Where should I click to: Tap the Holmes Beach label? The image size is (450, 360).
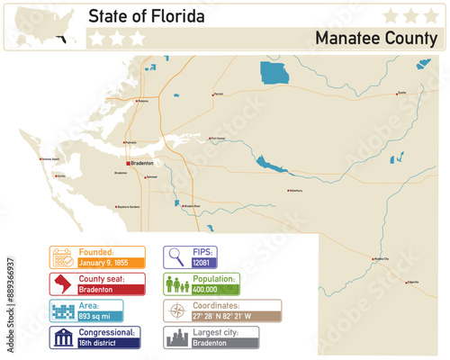click(50, 160)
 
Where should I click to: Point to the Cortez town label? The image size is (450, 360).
click(61, 176)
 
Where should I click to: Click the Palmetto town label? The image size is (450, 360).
click(130, 142)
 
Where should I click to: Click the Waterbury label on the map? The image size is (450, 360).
click(295, 191)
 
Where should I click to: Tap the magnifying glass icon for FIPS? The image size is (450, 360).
click(175, 257)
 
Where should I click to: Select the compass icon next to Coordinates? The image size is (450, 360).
click(175, 311)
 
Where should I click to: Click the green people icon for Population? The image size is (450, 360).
click(175, 284)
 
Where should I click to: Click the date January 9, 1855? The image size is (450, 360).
click(104, 263)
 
